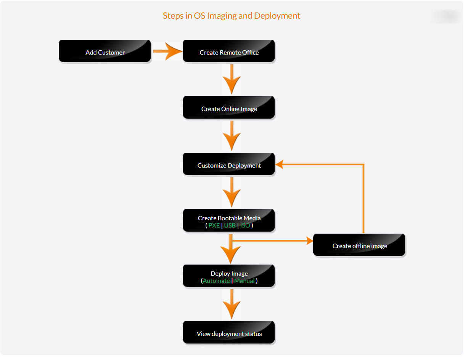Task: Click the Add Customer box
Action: click(x=105, y=51)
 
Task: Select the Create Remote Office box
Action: click(x=229, y=51)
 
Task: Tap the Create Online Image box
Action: click(x=229, y=108)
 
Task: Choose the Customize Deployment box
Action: click(x=229, y=165)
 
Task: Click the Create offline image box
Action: click(x=359, y=245)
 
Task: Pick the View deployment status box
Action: click(x=229, y=333)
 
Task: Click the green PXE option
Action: click(x=214, y=225)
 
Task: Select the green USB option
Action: click(x=230, y=225)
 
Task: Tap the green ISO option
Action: click(x=245, y=225)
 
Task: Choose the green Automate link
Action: click(x=216, y=281)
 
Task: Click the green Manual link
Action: click(x=244, y=281)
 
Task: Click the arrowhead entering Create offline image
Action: click(x=310, y=241)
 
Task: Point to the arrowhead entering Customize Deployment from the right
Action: click(x=279, y=165)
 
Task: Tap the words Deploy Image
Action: click(x=229, y=273)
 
